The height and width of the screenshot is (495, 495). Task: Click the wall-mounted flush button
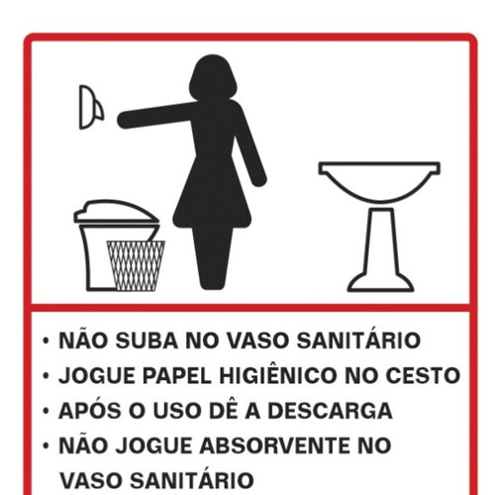click(90, 106)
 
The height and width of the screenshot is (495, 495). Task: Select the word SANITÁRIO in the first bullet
click(363, 342)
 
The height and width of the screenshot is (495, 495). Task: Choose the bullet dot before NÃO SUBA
click(46, 343)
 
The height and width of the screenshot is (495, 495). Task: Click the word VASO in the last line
click(92, 479)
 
